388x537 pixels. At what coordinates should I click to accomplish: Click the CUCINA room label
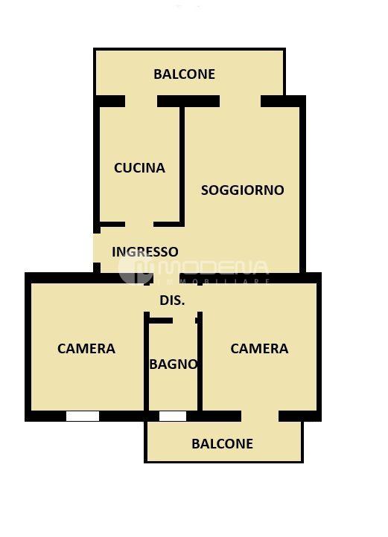[139, 168]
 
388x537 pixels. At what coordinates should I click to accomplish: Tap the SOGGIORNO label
[243, 190]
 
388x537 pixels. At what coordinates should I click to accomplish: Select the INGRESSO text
[145, 251]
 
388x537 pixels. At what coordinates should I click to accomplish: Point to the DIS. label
[172, 300]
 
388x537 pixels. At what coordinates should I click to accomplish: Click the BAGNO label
[174, 364]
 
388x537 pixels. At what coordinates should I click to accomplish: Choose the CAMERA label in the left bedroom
[86, 349]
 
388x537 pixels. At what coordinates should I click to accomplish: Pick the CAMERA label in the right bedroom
[259, 349]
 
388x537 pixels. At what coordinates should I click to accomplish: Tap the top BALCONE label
[184, 74]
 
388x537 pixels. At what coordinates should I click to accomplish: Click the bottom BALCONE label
[223, 444]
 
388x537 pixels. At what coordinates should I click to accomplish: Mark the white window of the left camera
[83, 416]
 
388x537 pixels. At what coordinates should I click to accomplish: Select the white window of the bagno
[173, 416]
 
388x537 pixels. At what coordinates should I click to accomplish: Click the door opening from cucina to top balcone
[141, 101]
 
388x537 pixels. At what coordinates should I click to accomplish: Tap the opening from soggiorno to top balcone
[240, 101]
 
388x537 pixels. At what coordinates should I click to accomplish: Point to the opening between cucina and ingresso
[139, 225]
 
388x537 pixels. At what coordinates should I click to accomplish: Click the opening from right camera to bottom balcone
[260, 416]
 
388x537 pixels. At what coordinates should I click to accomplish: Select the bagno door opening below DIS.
[184, 321]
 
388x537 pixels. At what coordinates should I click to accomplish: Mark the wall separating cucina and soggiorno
[182, 167]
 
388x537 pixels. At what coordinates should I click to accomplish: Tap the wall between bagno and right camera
[200, 361]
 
